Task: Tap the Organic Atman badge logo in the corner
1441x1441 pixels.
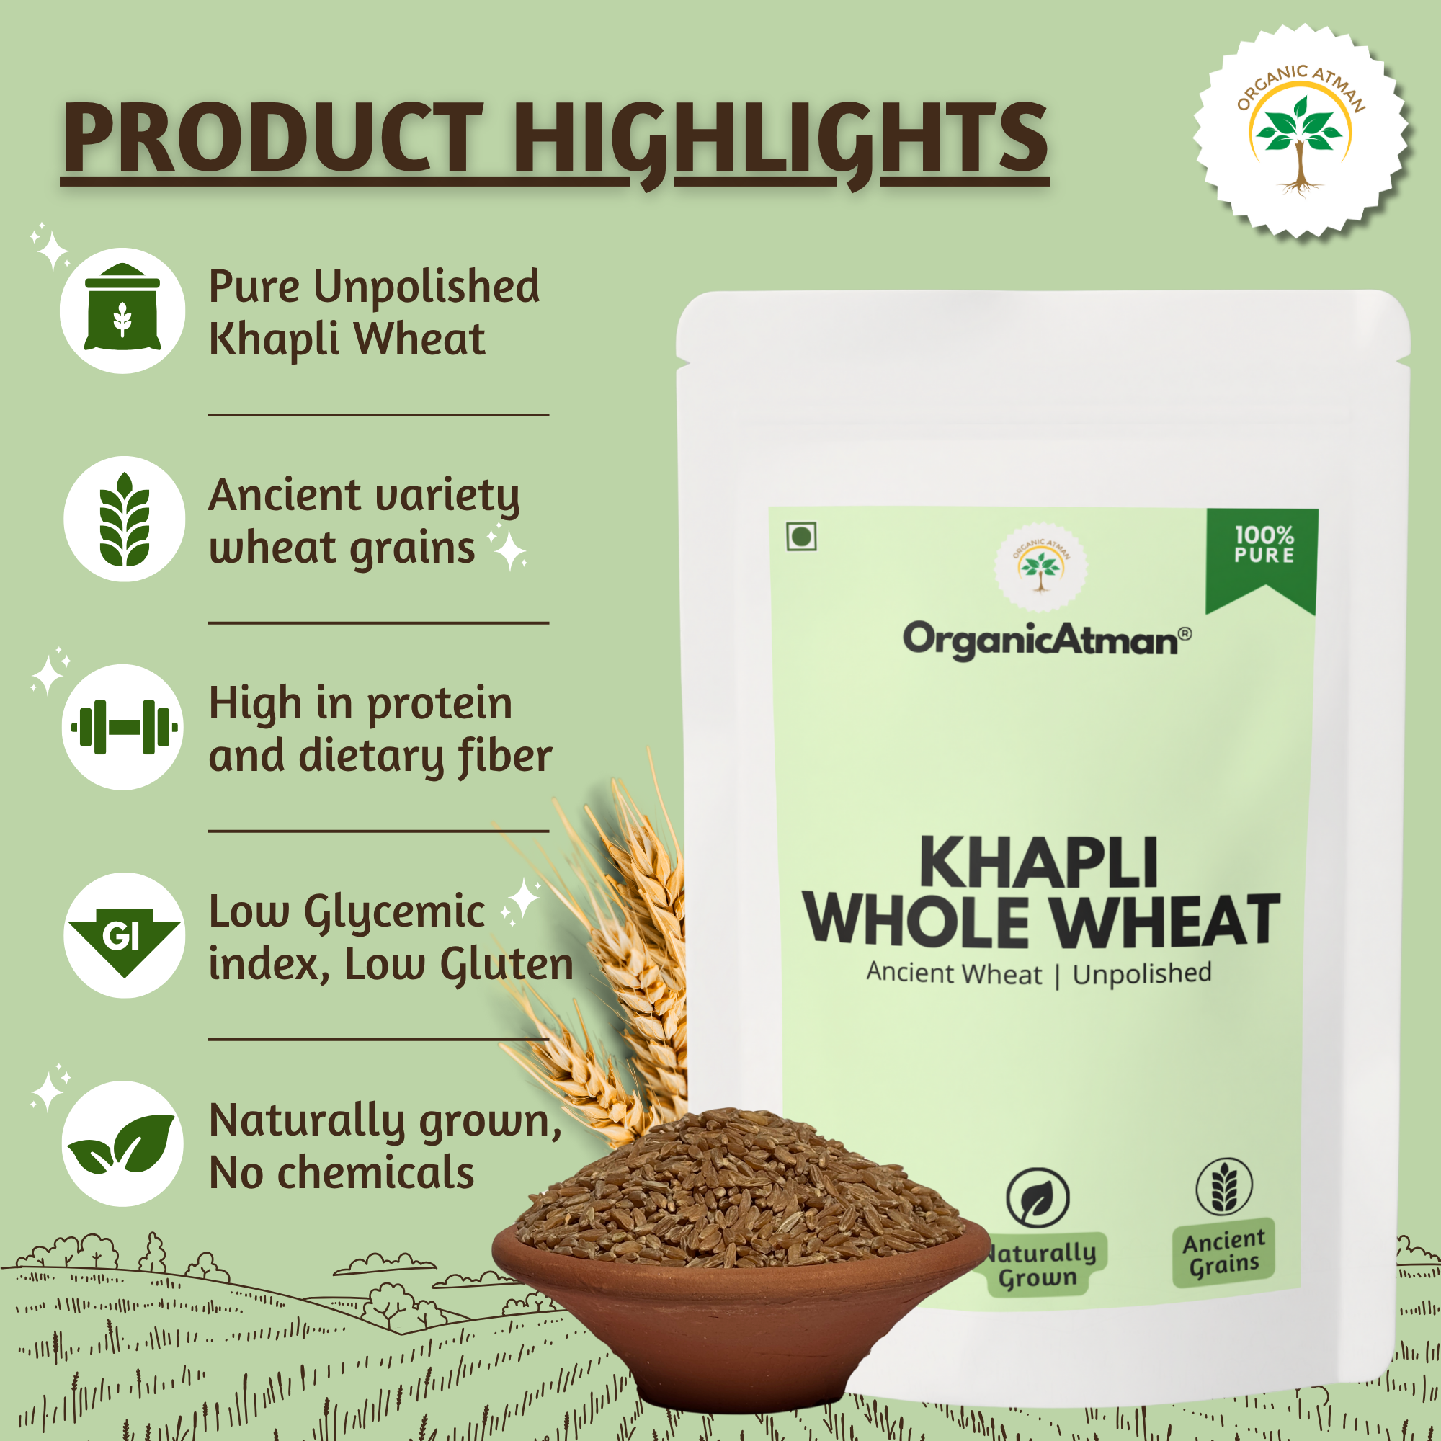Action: [x=1301, y=131]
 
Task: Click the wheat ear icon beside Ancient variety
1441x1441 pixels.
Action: [x=124, y=519]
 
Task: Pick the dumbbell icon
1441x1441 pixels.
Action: [x=124, y=727]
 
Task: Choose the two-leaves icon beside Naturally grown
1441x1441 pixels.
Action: [x=122, y=1143]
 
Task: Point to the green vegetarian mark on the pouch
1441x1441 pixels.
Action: [x=801, y=536]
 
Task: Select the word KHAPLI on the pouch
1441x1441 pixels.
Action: [x=1039, y=862]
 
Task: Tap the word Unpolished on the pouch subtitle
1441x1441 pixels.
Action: [x=1142, y=973]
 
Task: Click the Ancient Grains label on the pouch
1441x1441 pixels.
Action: [x=1224, y=1252]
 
